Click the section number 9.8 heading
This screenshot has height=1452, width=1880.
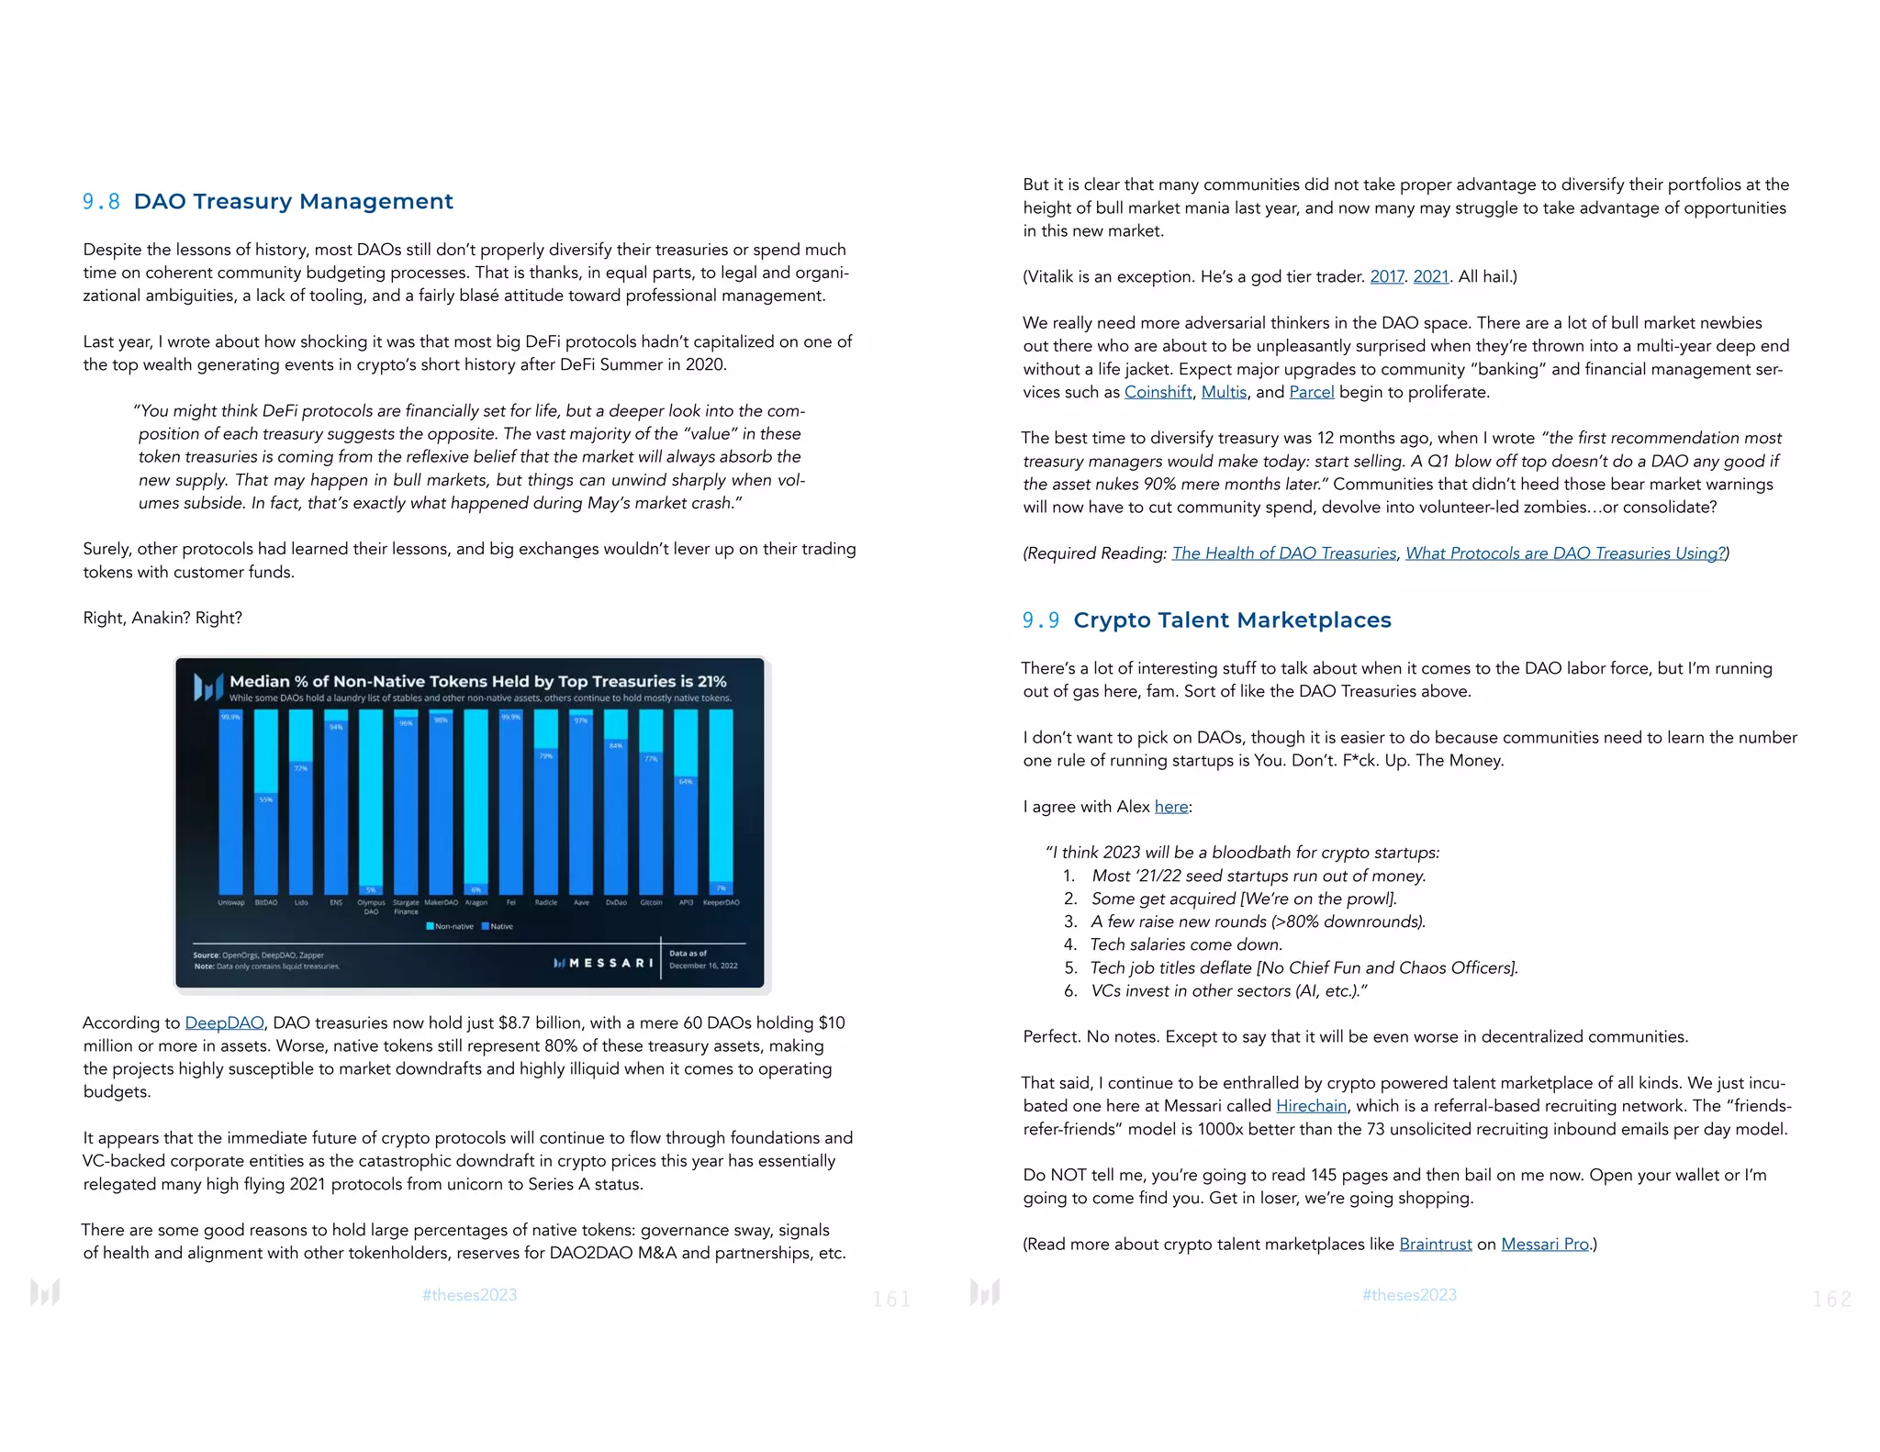[x=101, y=202]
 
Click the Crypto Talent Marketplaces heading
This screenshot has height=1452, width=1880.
[x=1231, y=620]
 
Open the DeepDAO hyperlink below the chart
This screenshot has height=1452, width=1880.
[x=224, y=1022]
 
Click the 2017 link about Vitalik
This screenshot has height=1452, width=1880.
[x=1386, y=276]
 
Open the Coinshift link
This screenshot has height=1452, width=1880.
[x=1158, y=392]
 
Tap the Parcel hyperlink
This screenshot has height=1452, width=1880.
[x=1311, y=392]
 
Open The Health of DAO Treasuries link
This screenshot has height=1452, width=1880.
[x=1283, y=553]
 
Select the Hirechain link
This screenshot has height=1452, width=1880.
[x=1311, y=1106]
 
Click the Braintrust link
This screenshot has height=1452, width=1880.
[x=1435, y=1244]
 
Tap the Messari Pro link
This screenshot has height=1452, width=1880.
[x=1544, y=1244]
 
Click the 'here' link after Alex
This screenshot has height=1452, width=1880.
[x=1170, y=807]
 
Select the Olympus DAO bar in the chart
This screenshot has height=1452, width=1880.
[x=371, y=799]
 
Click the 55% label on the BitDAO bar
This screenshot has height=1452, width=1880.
[x=266, y=799]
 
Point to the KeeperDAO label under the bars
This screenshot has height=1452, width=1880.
[x=721, y=903]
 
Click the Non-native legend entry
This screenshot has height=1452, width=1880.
[x=450, y=926]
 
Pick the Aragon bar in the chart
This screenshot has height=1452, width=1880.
[x=476, y=799]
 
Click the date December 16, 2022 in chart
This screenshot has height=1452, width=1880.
[x=703, y=966]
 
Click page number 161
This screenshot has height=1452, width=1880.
[x=890, y=1299]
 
